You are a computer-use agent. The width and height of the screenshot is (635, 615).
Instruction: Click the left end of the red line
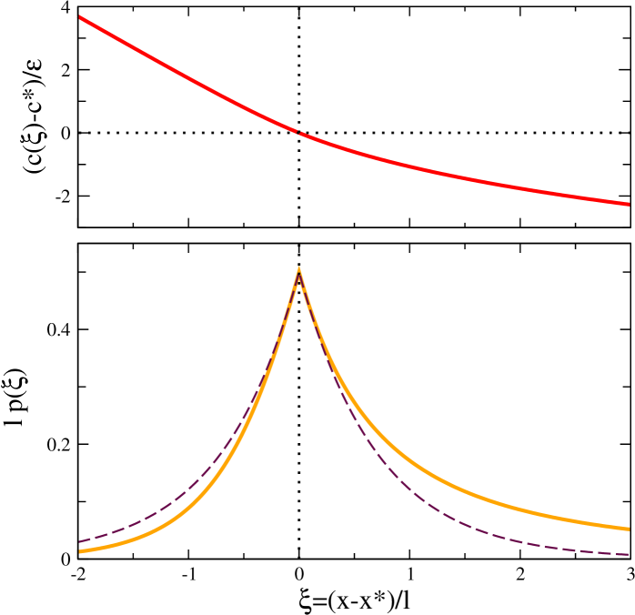[x=81, y=17]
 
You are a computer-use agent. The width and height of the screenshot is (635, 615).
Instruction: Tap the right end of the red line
[x=628, y=204]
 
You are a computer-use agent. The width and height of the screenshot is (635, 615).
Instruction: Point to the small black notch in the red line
[x=298, y=133]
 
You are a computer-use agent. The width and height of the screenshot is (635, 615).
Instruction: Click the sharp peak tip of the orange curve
[x=298, y=268]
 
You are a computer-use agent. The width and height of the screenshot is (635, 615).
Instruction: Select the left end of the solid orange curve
[x=81, y=550]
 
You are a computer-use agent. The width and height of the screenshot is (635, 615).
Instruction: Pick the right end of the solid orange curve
[x=628, y=528]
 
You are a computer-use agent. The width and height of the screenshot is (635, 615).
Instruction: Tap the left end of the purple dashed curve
[x=81, y=541]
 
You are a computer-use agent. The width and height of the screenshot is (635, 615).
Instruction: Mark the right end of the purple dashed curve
[x=628, y=554]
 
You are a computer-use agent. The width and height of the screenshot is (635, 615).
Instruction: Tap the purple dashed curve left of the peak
[x=182, y=496]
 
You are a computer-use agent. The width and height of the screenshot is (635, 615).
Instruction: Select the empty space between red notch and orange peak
[x=298, y=200]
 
